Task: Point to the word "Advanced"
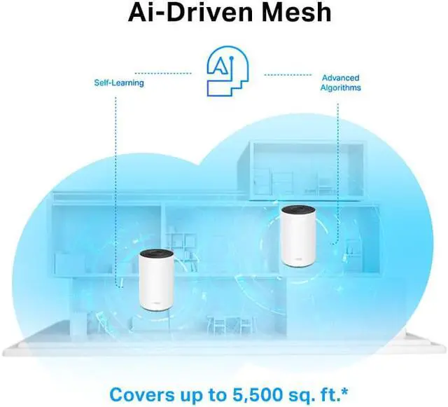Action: (x=340, y=78)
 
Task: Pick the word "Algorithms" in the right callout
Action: (x=340, y=88)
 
